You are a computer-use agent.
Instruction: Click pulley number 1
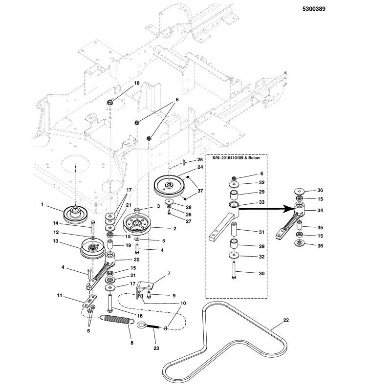point(75,214)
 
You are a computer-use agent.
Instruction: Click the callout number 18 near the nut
point(137,84)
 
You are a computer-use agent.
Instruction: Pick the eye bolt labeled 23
point(151,326)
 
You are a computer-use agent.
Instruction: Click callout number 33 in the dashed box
point(261,202)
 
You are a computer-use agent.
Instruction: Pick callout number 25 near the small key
point(200,160)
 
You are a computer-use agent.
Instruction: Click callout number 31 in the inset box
point(261,232)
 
